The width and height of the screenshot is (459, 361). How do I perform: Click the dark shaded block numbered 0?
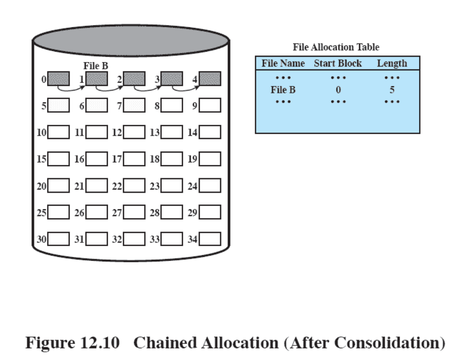(x=58, y=78)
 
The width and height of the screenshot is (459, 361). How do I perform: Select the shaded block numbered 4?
(x=210, y=78)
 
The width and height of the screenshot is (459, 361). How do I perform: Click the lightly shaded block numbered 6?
(x=97, y=105)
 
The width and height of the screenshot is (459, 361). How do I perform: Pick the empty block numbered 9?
(x=210, y=105)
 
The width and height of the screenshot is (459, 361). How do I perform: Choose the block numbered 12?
(x=134, y=132)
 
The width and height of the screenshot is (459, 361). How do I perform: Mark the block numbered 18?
(x=172, y=159)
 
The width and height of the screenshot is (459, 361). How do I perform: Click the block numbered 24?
(x=210, y=185)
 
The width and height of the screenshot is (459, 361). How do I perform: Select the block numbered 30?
(x=58, y=239)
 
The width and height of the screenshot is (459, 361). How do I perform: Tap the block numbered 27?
(x=134, y=212)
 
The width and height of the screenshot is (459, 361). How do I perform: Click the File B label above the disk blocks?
(x=96, y=66)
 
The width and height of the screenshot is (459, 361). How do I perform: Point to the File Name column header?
(x=283, y=64)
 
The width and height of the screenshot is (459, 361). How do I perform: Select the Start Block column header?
(x=338, y=64)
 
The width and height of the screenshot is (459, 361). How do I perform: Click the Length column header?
(x=392, y=64)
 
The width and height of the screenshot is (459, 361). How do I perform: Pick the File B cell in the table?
(x=283, y=90)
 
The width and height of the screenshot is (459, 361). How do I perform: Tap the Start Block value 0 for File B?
(x=338, y=90)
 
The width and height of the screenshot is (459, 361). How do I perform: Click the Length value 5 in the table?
(x=392, y=90)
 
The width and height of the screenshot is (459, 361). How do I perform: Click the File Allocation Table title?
(x=336, y=47)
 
